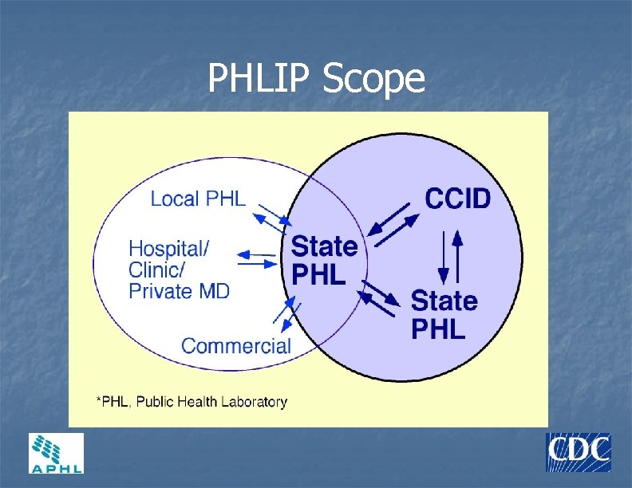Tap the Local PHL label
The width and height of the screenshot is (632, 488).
click(198, 199)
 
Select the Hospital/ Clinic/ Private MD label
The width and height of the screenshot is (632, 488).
click(179, 270)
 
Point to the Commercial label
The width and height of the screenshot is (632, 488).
click(236, 346)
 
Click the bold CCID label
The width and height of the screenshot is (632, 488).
click(456, 198)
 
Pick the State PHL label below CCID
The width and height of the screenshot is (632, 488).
click(444, 314)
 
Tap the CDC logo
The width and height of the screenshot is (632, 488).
click(578, 452)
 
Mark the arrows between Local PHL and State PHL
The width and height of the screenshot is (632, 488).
click(271, 217)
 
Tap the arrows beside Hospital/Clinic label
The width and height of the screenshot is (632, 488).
click(257, 258)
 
